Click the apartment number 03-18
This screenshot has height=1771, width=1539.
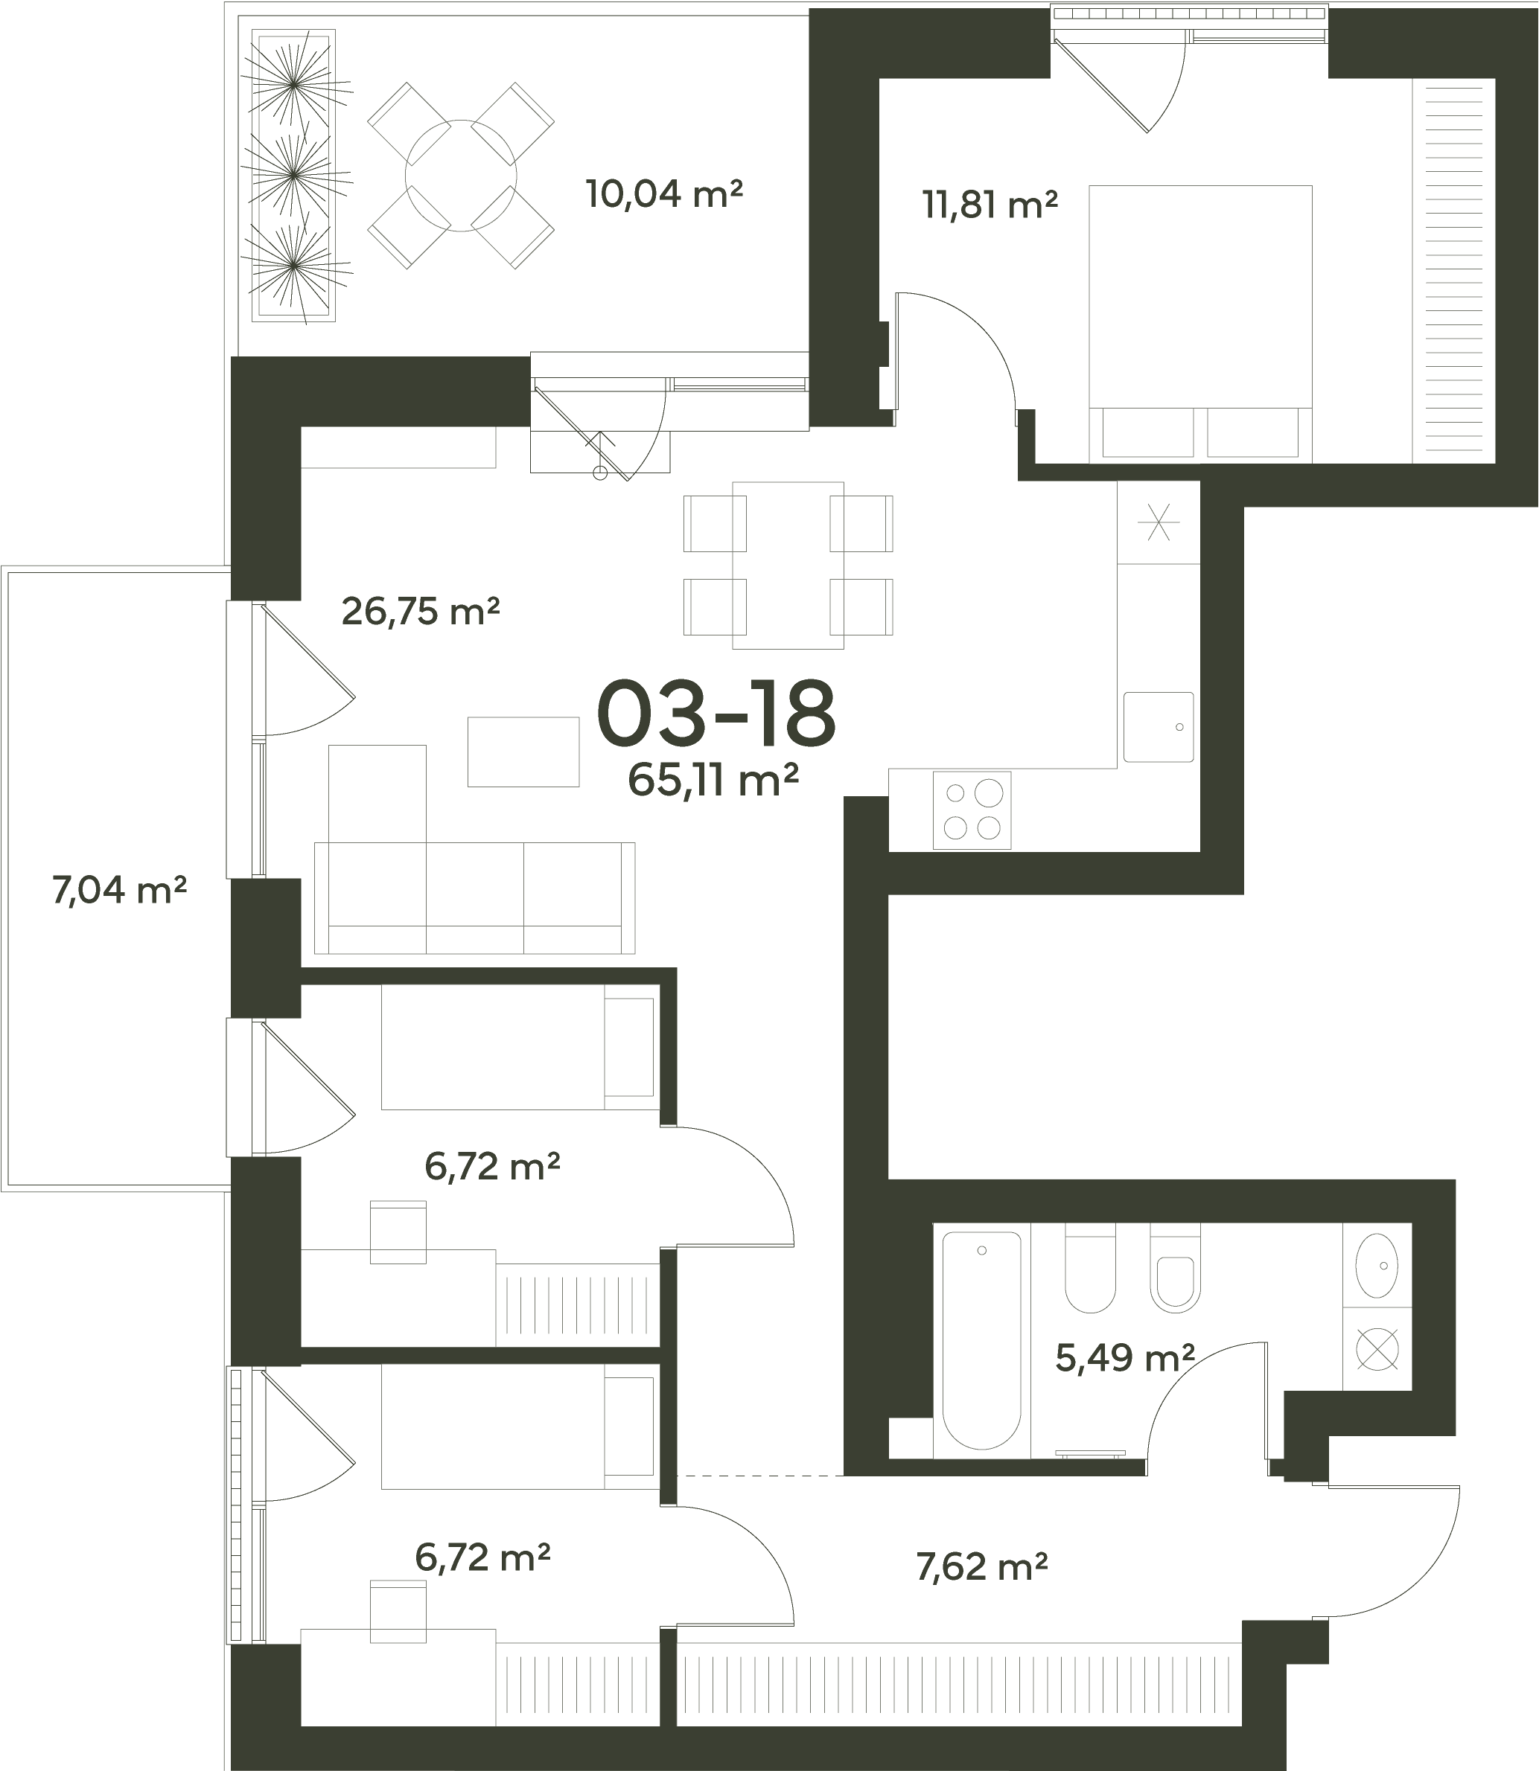[716, 714]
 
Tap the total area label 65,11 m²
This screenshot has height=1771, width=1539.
[714, 781]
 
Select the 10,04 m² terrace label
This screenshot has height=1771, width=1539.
[664, 194]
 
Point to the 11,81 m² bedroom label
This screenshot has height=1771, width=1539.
[990, 205]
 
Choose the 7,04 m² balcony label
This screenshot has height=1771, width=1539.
[119, 890]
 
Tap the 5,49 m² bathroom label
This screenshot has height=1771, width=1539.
[1124, 1358]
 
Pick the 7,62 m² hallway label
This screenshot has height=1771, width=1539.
[981, 1568]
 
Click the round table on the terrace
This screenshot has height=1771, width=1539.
[461, 175]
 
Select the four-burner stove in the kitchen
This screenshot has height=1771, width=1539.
[972, 810]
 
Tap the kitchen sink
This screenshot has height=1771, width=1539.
[1159, 727]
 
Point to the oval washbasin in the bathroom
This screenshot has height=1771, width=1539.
[1377, 1266]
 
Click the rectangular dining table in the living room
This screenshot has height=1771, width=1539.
[788, 565]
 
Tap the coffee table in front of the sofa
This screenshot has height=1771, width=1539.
[523, 751]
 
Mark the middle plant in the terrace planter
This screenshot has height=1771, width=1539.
[293, 175]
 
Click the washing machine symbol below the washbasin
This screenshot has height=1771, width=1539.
[1377, 1348]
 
